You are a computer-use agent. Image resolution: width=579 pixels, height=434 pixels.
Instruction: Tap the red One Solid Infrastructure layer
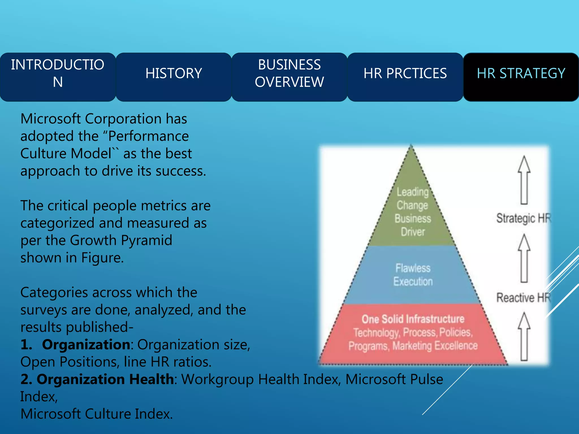coord(413,333)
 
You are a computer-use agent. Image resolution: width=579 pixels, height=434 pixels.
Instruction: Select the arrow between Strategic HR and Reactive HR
coord(524,258)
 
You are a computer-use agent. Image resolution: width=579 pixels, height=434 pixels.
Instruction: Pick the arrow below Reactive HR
coord(524,336)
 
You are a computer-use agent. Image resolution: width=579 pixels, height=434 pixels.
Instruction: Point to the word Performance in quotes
coord(148,136)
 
